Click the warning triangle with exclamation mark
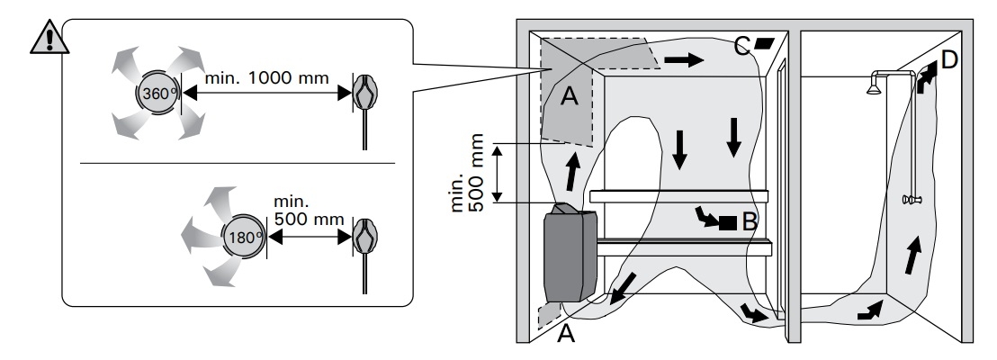[49, 39]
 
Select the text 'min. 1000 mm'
[267, 78]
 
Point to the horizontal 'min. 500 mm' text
[309, 211]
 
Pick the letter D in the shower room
[948, 59]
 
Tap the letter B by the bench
[750, 222]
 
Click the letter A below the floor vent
[566, 333]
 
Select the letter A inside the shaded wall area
[570, 96]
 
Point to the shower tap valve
[912, 200]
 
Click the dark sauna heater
[570, 253]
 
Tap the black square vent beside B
[728, 222]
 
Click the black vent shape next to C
[764, 43]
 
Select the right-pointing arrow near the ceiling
[684, 60]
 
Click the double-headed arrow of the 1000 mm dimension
[266, 94]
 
